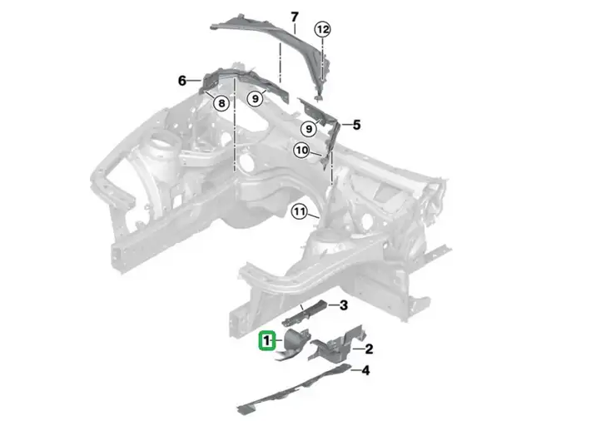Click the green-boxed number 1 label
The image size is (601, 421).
coord(267,340)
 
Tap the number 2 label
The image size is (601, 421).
coord(369,349)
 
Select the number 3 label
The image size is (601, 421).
coord(344,305)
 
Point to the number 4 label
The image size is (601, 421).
coord(365,370)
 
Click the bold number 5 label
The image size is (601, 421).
coord(356,125)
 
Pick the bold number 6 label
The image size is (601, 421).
coord(182,81)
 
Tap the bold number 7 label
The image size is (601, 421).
coord(294,17)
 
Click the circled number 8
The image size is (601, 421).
coord(221,102)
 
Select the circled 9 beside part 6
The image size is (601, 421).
coord(256,99)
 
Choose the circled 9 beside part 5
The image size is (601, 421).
coord(309,129)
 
